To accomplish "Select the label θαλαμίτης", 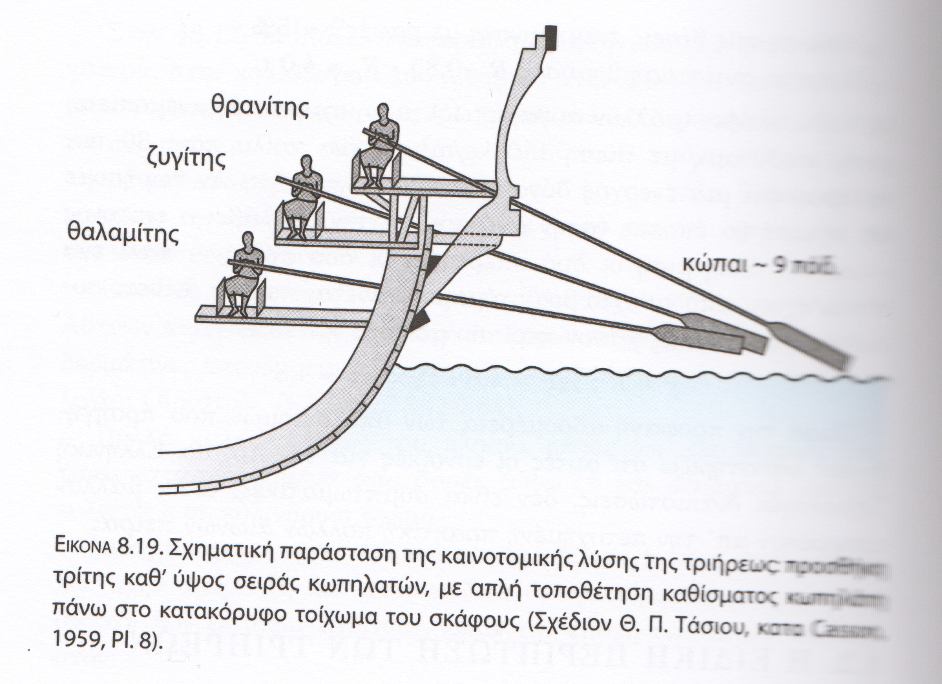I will [123, 233].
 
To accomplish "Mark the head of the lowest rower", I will [249, 243].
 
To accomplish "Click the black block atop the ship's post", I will [550, 38].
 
